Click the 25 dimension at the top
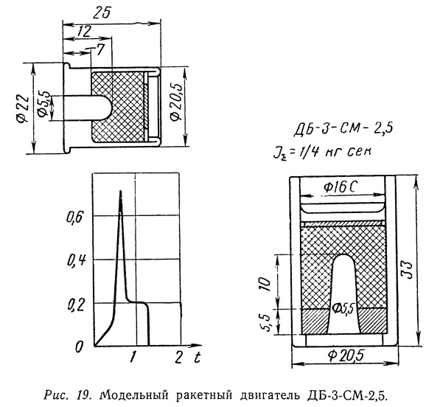[102, 13]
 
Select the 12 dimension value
[84, 31]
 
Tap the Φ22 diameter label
[22, 109]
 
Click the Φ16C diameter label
[340, 187]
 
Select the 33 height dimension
[407, 270]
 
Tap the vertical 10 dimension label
[265, 285]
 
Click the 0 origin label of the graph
[79, 347]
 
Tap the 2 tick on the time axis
[178, 358]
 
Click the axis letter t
[197, 357]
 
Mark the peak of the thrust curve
[121, 191]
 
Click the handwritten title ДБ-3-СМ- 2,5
[343, 130]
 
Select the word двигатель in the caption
[267, 395]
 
